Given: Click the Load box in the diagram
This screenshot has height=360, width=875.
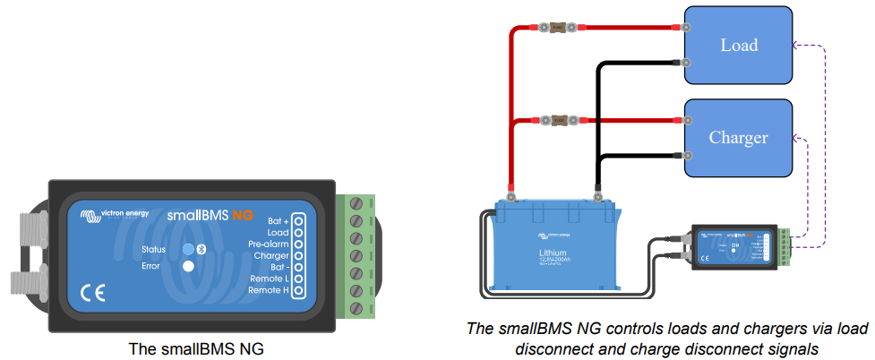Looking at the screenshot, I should click(x=738, y=45).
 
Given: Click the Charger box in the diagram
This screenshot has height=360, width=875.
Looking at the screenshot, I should click(x=738, y=137).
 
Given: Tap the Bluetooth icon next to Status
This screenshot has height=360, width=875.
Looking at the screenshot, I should click(x=202, y=248).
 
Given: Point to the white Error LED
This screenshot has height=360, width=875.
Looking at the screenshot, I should click(x=188, y=266).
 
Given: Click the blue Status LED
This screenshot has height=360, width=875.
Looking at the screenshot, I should click(x=188, y=248).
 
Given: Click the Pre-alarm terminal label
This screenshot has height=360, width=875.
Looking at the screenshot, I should click(x=269, y=244).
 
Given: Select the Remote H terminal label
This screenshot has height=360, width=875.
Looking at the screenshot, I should click(x=268, y=291).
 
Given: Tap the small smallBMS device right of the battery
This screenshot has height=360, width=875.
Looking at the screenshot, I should click(x=732, y=245).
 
